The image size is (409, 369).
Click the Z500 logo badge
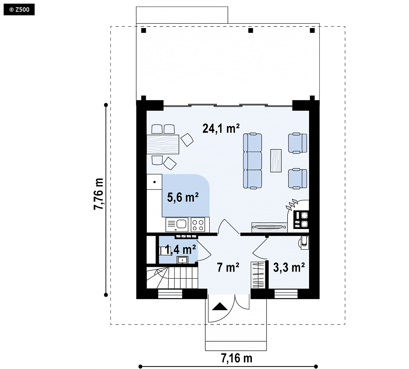pyautogui.click(x=19, y=10)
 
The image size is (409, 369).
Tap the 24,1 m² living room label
pyautogui.click(x=221, y=128)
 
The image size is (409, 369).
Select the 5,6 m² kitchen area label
pyautogui.click(x=183, y=197)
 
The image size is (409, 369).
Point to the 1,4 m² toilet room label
pyautogui.click(x=180, y=250)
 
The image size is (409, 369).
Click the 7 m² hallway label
pyautogui.click(x=228, y=268)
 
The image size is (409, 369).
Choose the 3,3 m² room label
pyautogui.click(x=289, y=268)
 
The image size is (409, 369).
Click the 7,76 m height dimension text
pyautogui.click(x=99, y=194)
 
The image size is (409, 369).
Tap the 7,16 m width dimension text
pyautogui.click(x=237, y=358)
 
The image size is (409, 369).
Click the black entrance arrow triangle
pyautogui.click(x=220, y=306)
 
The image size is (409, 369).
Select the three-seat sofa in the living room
pyautogui.click(x=253, y=161)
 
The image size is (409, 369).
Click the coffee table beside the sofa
pyautogui.click(x=276, y=160)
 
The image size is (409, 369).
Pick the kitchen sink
pyautogui.click(x=177, y=225)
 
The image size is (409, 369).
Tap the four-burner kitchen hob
pyautogui.click(x=198, y=225)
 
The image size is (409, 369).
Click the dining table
pyautogui.click(x=163, y=144)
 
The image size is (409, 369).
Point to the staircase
pyautogui.click(x=172, y=277)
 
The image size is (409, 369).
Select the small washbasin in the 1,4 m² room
pyautogui.click(x=183, y=260)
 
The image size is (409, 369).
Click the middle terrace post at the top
pyautogui.click(x=251, y=31)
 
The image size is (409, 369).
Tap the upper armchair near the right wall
pyautogui.click(x=297, y=143)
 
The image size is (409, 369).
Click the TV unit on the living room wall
pyautogui.click(x=269, y=227)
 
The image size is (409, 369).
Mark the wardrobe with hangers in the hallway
pyautogui.click(x=258, y=275)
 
